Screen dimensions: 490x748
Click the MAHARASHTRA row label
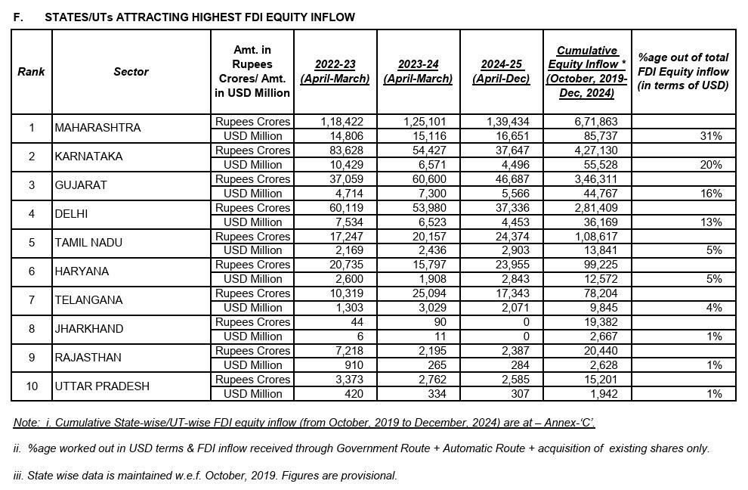click(97, 128)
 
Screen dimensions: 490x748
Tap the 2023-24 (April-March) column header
click(418, 72)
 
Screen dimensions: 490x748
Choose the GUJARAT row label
click(81, 185)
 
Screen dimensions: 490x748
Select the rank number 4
click(32, 214)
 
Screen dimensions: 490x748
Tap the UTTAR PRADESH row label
click(102, 386)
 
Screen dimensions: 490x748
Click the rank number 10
click(32, 386)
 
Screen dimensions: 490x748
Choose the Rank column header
click(32, 72)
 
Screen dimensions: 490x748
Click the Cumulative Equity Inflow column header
click(582, 72)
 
